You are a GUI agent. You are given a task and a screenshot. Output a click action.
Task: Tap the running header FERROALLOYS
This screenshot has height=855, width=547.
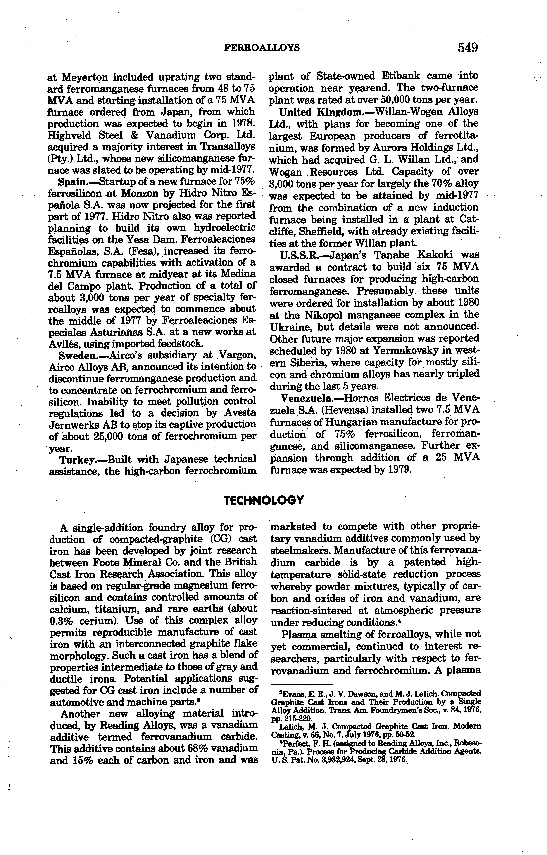point(262,48)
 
